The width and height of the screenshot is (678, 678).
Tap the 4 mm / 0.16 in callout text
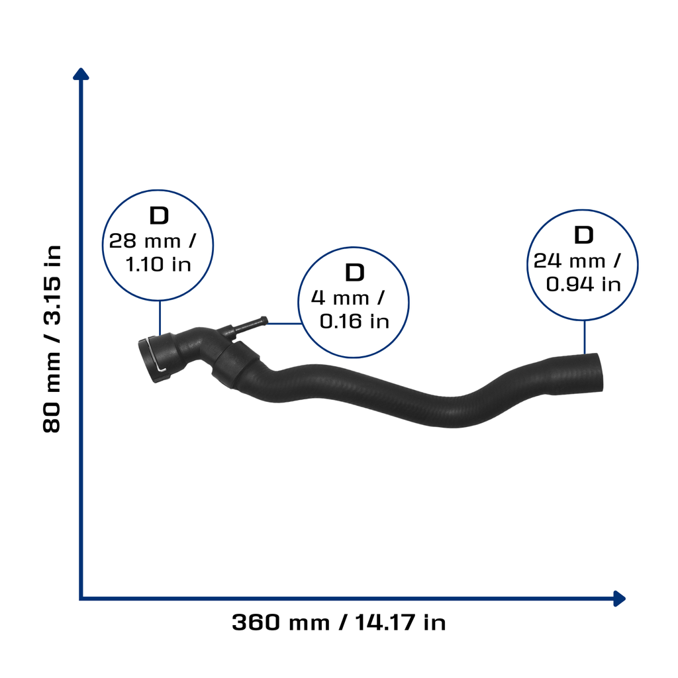pos(350,310)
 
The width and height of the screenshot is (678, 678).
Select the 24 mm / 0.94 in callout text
pos(577,272)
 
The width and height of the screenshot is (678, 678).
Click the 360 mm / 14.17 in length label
pos(338,622)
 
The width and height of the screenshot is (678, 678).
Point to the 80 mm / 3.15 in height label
pos(52,339)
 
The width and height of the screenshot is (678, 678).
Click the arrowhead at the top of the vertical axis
pos(81,73)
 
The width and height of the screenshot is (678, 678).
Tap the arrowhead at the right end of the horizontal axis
pos(620,599)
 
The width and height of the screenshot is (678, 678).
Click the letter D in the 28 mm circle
pos(159,215)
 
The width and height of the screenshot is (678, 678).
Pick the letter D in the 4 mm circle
pos(355,272)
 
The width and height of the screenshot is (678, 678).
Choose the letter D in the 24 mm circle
pos(584,235)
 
